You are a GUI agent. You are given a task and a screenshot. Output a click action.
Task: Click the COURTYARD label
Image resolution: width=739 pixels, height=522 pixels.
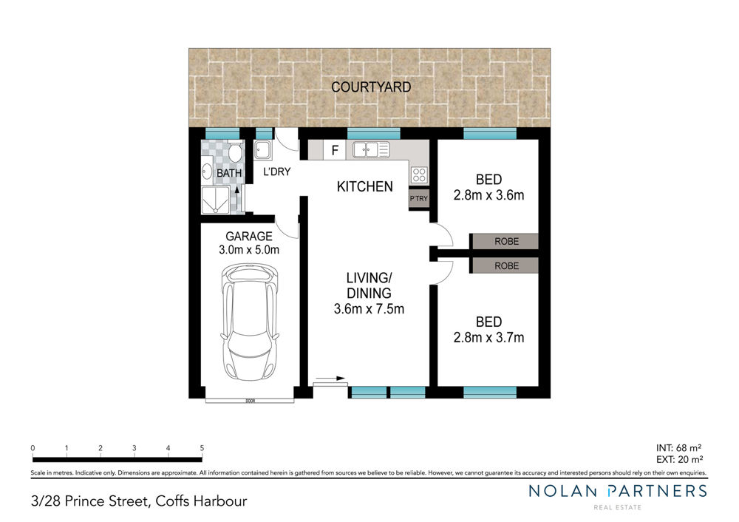click(x=371, y=87)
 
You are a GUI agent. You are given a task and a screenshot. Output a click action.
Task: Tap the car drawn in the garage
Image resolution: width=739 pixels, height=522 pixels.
click(x=250, y=322)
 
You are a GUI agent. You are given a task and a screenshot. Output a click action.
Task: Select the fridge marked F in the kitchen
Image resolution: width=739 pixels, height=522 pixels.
click(x=335, y=150)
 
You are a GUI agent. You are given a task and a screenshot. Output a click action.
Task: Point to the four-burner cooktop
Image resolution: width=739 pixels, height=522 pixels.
click(x=419, y=175)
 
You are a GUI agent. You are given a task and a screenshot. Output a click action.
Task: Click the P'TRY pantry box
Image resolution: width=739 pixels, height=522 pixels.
click(x=418, y=198)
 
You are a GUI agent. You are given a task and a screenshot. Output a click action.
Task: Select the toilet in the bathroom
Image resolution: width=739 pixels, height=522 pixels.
click(x=235, y=153)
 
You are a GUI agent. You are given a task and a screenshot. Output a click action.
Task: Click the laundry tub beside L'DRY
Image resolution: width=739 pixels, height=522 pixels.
click(x=262, y=150)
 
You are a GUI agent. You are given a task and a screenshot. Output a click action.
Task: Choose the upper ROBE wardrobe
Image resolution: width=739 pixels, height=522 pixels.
click(x=504, y=242)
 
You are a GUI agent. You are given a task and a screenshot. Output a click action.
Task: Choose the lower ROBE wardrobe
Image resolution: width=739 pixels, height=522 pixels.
click(x=504, y=266)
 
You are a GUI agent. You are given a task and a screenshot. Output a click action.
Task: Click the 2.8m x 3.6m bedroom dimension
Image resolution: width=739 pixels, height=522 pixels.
click(x=488, y=195)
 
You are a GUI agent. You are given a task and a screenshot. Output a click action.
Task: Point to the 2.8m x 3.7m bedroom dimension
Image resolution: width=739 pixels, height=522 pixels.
click(x=488, y=338)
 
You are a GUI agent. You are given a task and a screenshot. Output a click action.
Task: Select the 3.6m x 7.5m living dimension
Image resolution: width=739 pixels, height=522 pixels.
click(x=369, y=309)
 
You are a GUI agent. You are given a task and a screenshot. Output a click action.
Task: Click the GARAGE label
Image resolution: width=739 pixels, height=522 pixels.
click(x=249, y=237)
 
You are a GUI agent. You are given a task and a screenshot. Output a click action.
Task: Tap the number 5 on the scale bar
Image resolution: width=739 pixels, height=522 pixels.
click(x=202, y=448)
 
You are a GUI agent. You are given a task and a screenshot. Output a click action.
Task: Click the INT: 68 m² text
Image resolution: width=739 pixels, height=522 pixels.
click(x=678, y=448)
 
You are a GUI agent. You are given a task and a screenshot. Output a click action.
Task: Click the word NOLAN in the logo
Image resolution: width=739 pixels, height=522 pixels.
click(x=562, y=491)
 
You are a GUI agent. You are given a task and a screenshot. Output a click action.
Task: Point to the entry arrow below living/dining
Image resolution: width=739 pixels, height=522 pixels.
click(x=330, y=378)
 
